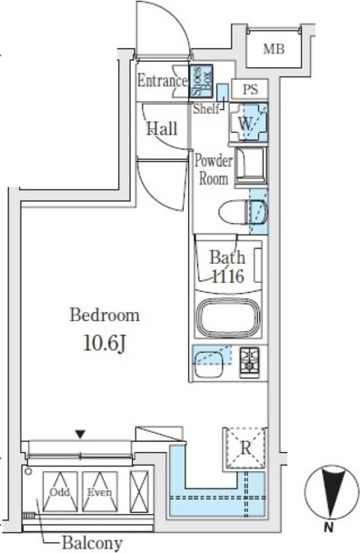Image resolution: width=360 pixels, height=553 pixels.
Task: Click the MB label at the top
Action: pos(274,49)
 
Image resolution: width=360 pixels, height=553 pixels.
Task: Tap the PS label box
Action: pos(250,89)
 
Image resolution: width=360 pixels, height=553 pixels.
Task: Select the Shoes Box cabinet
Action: pos(201,81)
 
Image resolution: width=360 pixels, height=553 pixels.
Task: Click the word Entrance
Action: pos(162,81)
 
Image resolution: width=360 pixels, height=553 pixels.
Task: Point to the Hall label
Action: pos(162,129)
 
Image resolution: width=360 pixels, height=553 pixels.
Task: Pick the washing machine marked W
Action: pos(248,123)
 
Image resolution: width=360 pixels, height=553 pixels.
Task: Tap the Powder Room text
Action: pos(214,170)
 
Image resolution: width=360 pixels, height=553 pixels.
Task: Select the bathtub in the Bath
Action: pos(228,317)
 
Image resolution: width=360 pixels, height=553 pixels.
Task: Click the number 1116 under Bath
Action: pos(228,276)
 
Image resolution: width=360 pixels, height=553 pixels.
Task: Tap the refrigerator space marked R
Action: pos(245,447)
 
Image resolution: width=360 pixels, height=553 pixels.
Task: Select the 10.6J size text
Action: pos(105,344)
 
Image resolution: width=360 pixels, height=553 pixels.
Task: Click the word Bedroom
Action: pos(105,315)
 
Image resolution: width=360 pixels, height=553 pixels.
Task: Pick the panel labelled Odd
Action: pos(60,492)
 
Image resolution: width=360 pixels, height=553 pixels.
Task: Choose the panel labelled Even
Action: pos(100,492)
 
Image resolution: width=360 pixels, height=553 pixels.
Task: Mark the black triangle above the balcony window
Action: pos(81,434)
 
